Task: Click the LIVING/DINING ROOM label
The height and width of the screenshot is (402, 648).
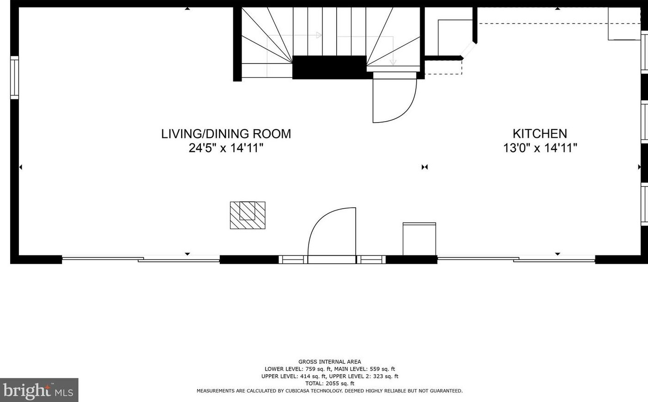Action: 226,134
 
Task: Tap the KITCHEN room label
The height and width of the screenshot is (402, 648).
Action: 539,134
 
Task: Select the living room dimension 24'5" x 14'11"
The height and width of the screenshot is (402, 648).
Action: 226,148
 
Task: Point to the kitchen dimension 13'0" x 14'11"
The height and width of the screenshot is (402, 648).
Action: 540,148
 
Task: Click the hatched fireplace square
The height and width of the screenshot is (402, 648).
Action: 248,215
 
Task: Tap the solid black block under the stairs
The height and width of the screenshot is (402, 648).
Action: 329,67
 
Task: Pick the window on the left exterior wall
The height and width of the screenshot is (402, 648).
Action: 14,78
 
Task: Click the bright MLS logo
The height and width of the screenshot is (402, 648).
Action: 39,390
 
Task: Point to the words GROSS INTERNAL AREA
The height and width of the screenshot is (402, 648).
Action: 329,362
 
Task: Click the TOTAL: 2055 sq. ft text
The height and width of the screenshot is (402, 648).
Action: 329,383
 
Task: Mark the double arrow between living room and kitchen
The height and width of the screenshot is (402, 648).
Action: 424,167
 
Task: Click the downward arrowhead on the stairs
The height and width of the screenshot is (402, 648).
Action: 393,62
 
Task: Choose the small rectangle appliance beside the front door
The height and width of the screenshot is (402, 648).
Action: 419,239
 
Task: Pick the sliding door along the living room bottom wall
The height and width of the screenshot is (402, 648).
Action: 140,260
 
